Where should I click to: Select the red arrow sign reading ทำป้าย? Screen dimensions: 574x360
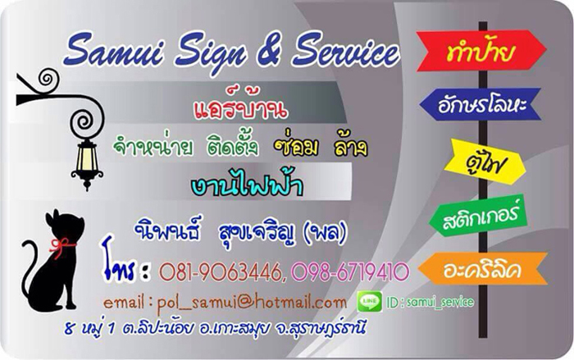tap(481, 51)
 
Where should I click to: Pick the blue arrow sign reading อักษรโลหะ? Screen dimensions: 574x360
tap(480, 104)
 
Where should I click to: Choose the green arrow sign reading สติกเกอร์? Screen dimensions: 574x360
tap(478, 216)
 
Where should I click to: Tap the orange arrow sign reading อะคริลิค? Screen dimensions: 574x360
tap(483, 269)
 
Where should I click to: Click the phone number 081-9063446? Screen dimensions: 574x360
tap(221, 271)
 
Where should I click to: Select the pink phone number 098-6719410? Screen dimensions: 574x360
tap(349, 271)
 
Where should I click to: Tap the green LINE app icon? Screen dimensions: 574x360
tap(369, 302)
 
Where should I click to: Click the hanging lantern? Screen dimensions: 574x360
tap(87, 162)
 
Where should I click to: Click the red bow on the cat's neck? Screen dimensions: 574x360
tap(61, 246)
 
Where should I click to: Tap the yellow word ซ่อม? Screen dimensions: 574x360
tap(297, 147)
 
